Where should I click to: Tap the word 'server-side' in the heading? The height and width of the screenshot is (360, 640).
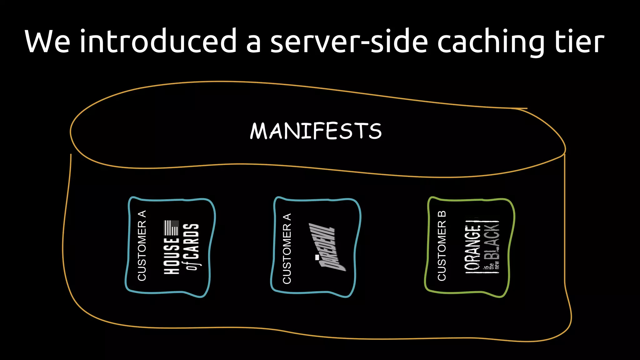pyautogui.click(x=349, y=42)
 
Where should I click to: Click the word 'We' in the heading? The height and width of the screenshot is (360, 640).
pyautogui.click(x=47, y=42)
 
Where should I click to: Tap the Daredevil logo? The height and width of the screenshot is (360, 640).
pyautogui.click(x=326, y=247)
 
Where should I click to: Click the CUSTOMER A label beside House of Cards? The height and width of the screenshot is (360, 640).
pyautogui.click(x=142, y=246)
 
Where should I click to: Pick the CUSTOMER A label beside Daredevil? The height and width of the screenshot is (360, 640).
pyautogui.click(x=287, y=248)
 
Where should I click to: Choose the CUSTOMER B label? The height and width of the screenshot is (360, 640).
pyautogui.click(x=442, y=246)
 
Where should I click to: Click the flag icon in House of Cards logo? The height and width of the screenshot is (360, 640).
pyautogui.click(x=171, y=228)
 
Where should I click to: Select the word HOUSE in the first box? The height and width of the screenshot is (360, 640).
pyautogui.click(x=172, y=256)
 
